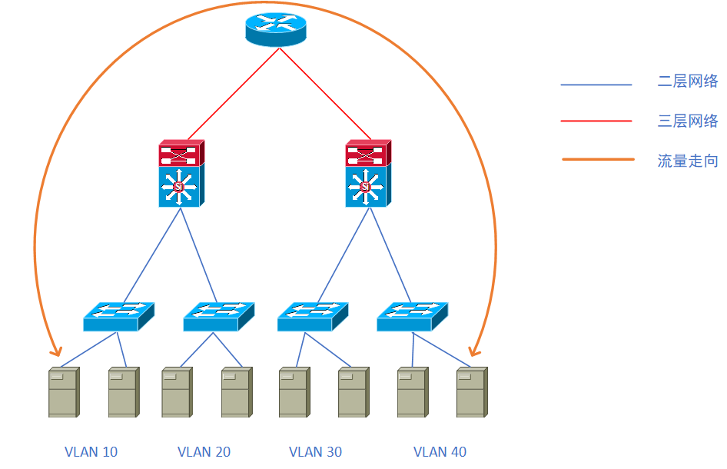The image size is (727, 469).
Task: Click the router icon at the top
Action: [x=276, y=29]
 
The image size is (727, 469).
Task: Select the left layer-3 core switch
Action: [x=181, y=173]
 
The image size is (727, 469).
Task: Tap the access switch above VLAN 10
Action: [x=118, y=316]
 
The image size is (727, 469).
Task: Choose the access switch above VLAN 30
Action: [x=312, y=316]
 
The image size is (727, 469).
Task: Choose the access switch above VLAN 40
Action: [x=412, y=316]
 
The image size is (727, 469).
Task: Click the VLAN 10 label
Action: [x=91, y=452]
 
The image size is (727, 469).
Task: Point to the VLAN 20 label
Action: [x=204, y=452]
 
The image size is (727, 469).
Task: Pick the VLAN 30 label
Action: [x=315, y=452]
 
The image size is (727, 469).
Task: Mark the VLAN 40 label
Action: [x=440, y=452]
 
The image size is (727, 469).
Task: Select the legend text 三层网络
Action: [x=688, y=121]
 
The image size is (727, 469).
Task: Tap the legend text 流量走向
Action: [x=688, y=161]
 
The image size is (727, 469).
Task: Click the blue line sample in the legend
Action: [x=596, y=85]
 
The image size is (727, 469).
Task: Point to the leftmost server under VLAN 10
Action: [x=63, y=392]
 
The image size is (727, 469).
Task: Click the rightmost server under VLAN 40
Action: [x=471, y=392]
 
